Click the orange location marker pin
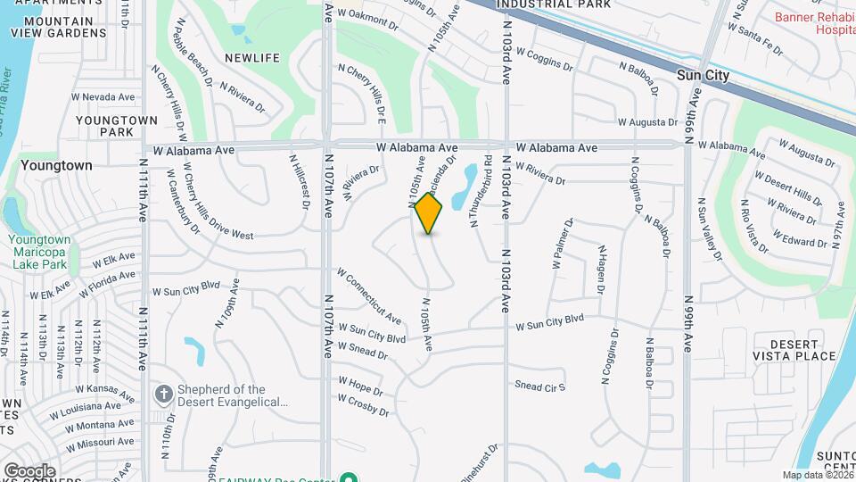[429, 213]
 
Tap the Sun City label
[703, 76]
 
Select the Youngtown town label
[56, 165]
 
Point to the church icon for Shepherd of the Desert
[163, 394]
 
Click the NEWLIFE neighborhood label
[252, 58]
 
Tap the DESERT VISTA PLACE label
[795, 350]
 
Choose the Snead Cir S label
[540, 386]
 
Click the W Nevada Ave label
[103, 96]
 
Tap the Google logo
[29, 470]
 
